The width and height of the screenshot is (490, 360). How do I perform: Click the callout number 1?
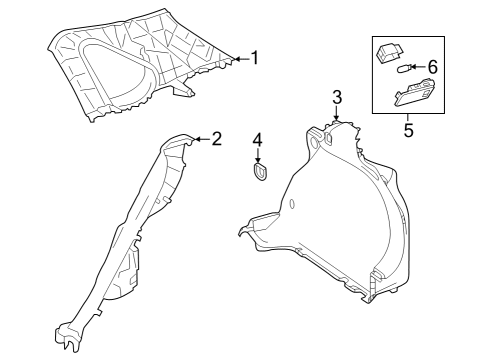(254, 58)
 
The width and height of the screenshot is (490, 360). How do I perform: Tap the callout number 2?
(216, 138)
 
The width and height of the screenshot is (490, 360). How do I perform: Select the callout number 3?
(337, 97)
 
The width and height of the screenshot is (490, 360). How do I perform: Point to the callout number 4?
(257, 138)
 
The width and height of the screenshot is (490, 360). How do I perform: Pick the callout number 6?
(432, 67)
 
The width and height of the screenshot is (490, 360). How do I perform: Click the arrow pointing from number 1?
(237, 59)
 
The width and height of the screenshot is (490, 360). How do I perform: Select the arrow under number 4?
(257, 154)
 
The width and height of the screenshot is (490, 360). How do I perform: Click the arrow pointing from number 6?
(417, 68)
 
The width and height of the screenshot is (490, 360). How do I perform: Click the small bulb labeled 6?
(402, 69)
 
